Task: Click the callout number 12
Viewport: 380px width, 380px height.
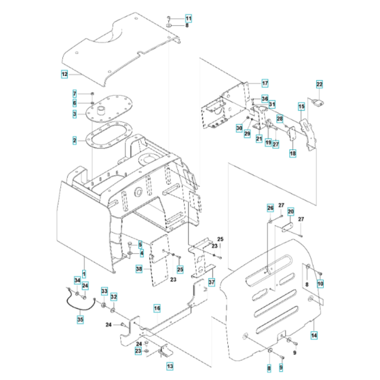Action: coord(64,73)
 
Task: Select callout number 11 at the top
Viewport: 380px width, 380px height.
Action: coord(189,17)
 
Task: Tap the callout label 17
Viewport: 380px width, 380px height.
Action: coord(246,83)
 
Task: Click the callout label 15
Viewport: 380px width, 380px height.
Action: coord(301,107)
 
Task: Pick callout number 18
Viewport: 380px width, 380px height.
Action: coord(292,154)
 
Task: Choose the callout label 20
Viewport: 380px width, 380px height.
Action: coord(290,211)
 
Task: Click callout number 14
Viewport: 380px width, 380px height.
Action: coord(314,335)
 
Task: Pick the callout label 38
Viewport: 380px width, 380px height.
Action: coord(138,269)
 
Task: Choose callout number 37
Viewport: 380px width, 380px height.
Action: coord(211,282)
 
